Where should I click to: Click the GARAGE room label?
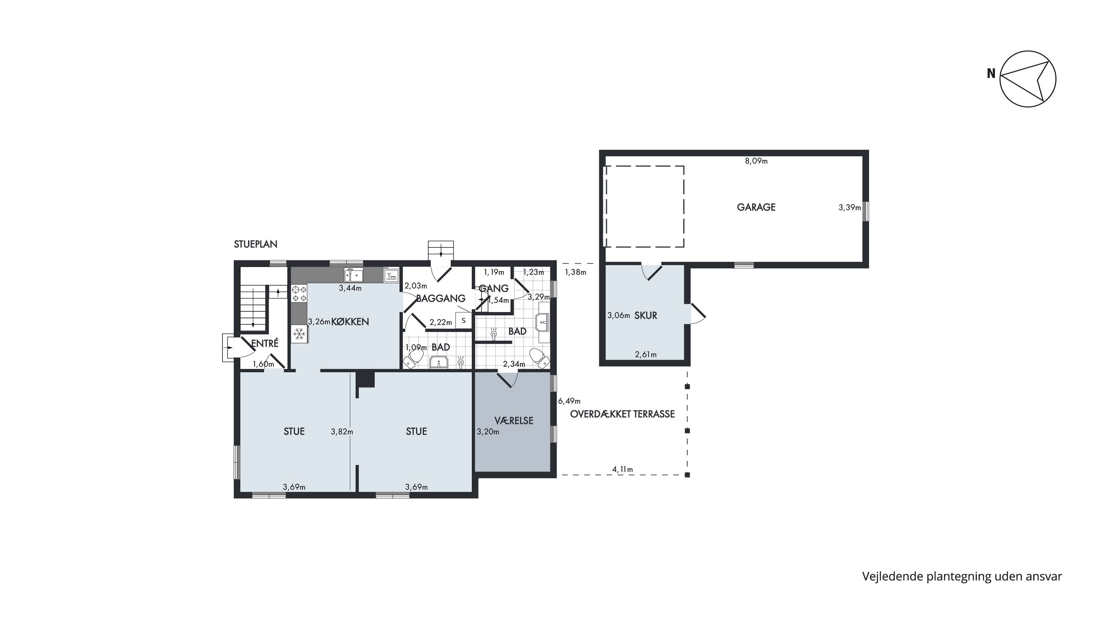pyautogui.click(x=756, y=207)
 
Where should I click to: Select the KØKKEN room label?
pyautogui.click(x=350, y=322)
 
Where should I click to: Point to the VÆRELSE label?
pyautogui.click(x=514, y=421)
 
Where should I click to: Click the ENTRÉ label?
pyautogui.click(x=265, y=343)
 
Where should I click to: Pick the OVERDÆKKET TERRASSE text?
pyautogui.click(x=622, y=414)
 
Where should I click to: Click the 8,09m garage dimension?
pyautogui.click(x=756, y=161)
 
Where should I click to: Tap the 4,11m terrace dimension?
pyautogui.click(x=622, y=469)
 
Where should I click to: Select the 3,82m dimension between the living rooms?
pyautogui.click(x=342, y=432)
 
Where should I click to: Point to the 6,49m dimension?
pyautogui.click(x=569, y=401)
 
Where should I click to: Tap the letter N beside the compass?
pyautogui.click(x=991, y=74)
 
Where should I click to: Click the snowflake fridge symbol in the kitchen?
pyautogui.click(x=300, y=333)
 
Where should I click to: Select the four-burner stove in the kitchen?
pyautogui.click(x=300, y=294)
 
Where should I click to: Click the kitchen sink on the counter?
pyautogui.click(x=353, y=274)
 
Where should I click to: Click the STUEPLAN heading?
pyautogui.click(x=255, y=244)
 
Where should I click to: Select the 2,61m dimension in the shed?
pyautogui.click(x=645, y=355)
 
